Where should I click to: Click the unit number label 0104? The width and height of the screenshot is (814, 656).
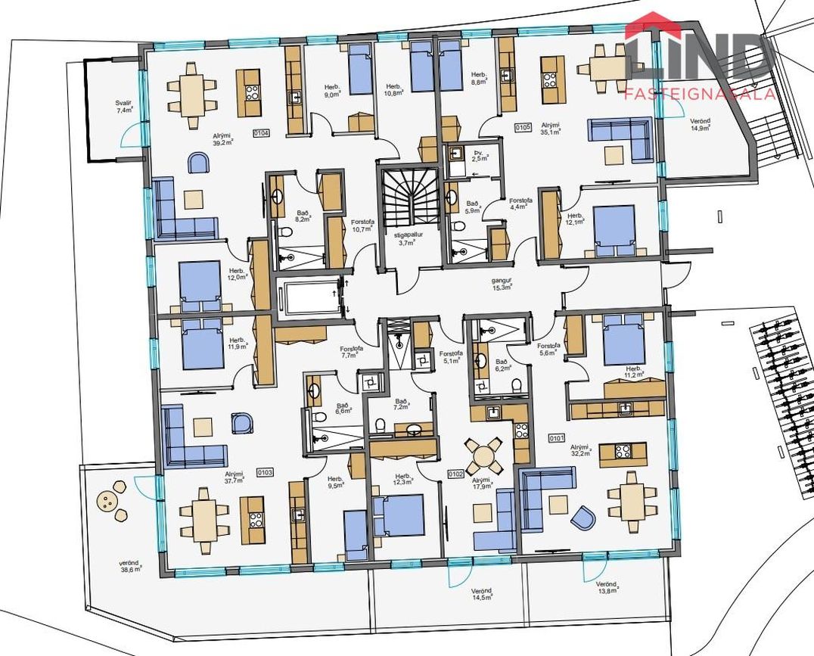point(262,133)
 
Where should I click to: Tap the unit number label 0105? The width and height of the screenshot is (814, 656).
point(523,128)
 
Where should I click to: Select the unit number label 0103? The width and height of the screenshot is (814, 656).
point(266,471)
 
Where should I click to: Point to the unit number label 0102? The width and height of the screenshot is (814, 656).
point(455,474)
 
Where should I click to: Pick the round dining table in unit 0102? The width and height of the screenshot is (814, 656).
point(482,455)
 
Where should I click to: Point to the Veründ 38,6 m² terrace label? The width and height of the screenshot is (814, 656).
point(130,565)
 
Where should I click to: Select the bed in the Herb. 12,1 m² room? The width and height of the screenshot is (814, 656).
point(614,228)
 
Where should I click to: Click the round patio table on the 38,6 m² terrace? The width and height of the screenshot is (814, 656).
point(109,500)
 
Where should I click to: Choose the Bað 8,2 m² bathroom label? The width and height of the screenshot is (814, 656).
point(303,218)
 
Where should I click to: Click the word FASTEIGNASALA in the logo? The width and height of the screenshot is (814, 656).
point(699,94)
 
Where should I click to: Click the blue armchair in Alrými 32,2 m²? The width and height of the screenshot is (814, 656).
point(583,518)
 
